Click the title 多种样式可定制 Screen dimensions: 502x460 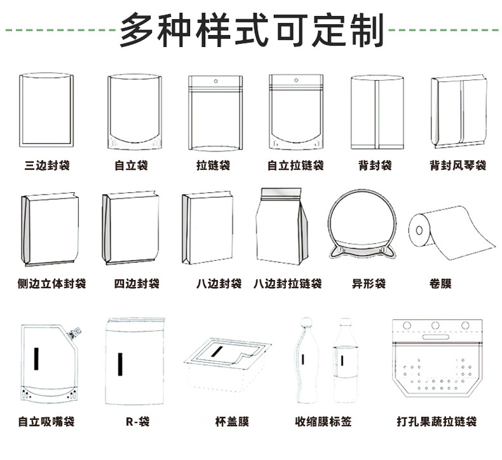251,28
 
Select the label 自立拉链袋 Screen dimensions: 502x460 295,165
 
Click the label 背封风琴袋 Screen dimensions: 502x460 458,165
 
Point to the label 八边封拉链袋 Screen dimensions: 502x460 287,283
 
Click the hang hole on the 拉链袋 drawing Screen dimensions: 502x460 214,81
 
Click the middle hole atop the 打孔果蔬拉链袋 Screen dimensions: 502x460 436,326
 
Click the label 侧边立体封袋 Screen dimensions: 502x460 52,283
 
